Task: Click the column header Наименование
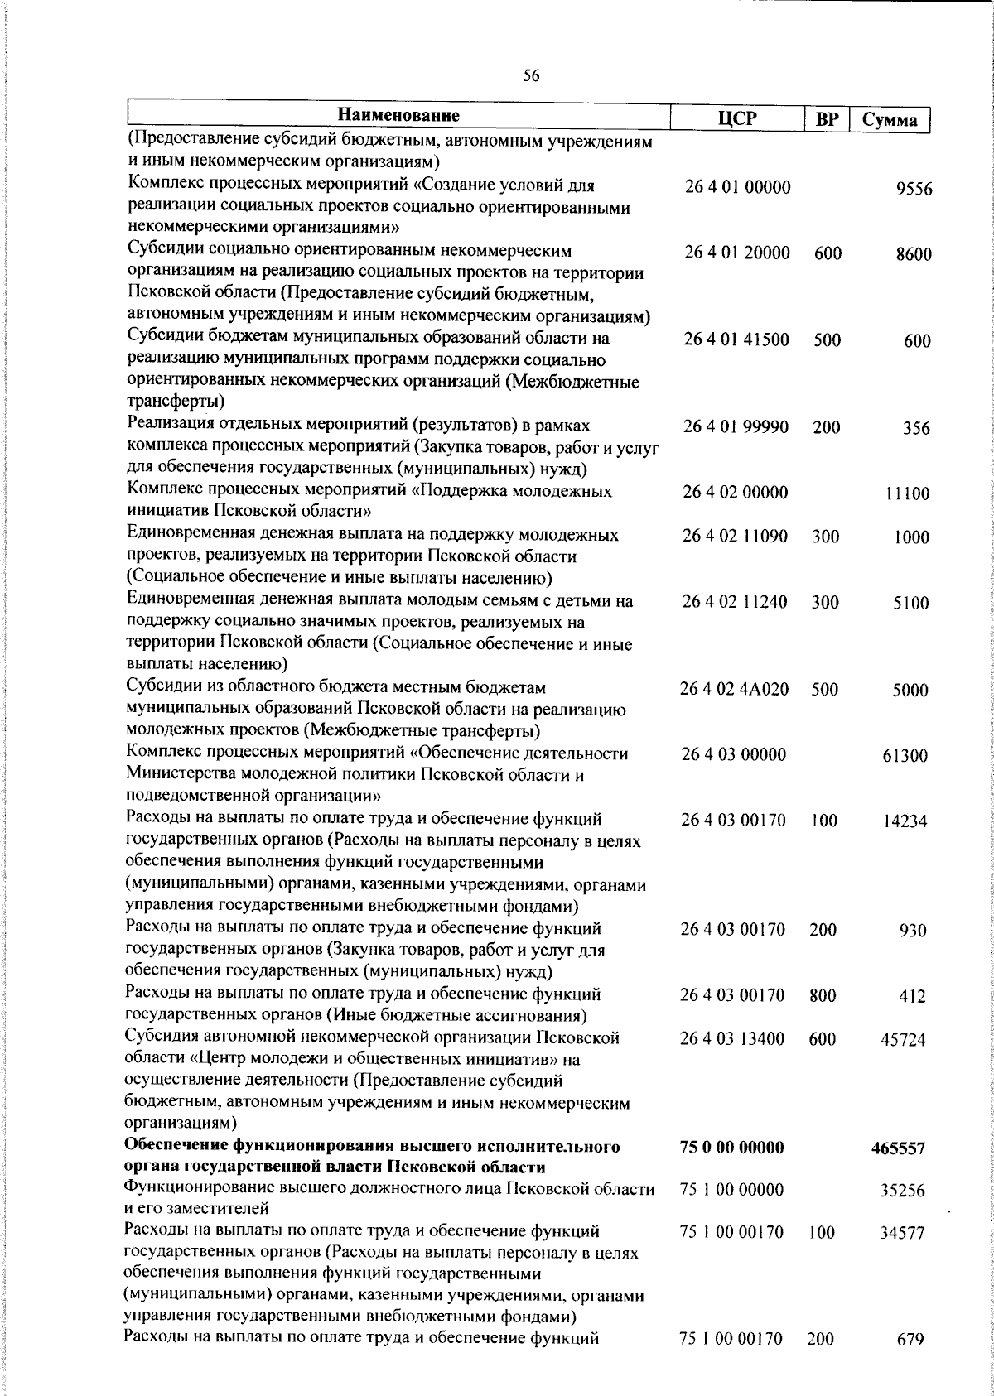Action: [x=398, y=115]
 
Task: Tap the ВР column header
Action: [x=827, y=119]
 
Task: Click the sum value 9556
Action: [x=914, y=190]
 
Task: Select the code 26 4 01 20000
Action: [x=737, y=253]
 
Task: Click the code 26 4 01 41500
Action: [x=736, y=339]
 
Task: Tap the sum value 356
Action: [x=916, y=429]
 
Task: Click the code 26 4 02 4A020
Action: [x=734, y=689]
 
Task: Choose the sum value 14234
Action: [x=905, y=821]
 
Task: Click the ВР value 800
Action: [x=823, y=995]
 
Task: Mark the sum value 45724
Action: [x=903, y=1040]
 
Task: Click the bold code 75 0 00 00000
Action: [x=731, y=1147]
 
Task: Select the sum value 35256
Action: [x=902, y=1191]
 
